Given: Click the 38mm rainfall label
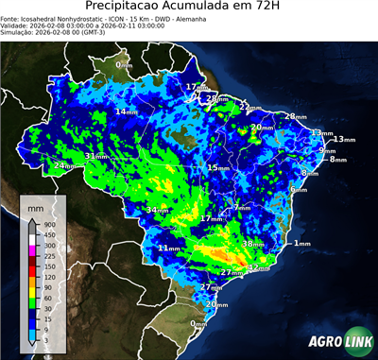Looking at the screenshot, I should (x=254, y=244).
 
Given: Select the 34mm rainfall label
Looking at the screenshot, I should (x=158, y=210).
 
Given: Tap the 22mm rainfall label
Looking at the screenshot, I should (x=249, y=107).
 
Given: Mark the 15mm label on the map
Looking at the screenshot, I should (x=218, y=167).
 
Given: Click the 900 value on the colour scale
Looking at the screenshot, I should (x=47, y=224).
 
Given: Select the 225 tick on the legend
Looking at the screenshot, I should (x=47, y=255).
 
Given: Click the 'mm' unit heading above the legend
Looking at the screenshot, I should (x=36, y=206).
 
